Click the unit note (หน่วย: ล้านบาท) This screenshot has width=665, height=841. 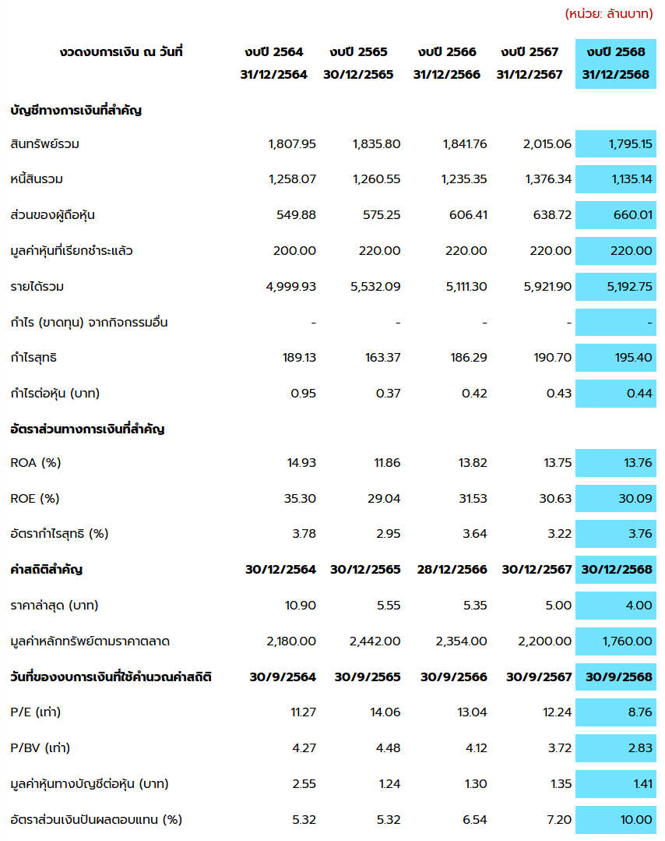coord(609,14)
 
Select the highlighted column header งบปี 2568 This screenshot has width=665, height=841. coord(616,52)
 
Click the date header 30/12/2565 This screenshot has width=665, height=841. coord(358,75)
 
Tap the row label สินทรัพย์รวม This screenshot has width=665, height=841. coord(44,144)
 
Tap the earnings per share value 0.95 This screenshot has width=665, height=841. coord(303,393)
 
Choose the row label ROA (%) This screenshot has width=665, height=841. coord(36,463)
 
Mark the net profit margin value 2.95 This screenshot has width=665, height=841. coord(387,534)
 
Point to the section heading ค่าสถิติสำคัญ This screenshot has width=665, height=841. coord(47,570)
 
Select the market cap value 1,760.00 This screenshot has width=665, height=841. coord(627,641)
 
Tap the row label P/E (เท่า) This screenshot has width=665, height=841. coord(36,712)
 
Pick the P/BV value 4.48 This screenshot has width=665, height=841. coord(387,748)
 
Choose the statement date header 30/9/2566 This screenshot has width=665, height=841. coord(454,677)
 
